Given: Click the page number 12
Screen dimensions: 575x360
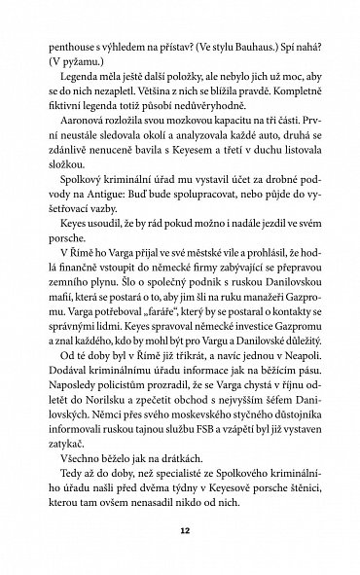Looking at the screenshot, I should (180, 533).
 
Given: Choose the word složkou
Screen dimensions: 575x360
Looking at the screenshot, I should (74, 178).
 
